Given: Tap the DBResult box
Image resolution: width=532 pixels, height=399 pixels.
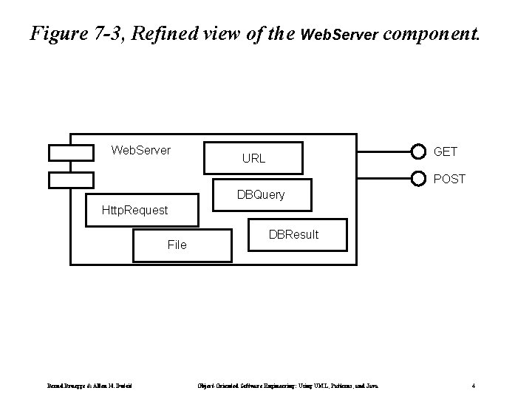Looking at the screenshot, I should coord(293,236).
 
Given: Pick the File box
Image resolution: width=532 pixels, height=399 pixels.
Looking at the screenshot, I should coord(177,245).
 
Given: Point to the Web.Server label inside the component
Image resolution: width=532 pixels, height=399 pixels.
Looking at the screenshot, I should coord(140,151).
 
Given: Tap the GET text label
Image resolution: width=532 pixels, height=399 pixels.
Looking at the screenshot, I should coord(446,151).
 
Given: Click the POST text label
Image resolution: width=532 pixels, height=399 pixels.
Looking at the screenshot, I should coord(449,179).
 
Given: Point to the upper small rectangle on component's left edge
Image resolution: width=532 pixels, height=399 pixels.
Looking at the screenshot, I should coord(71,153).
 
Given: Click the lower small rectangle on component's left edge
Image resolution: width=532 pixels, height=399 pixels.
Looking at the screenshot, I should coord(71,180).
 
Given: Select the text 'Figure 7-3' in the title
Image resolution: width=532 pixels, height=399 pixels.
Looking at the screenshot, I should coord(71,33).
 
